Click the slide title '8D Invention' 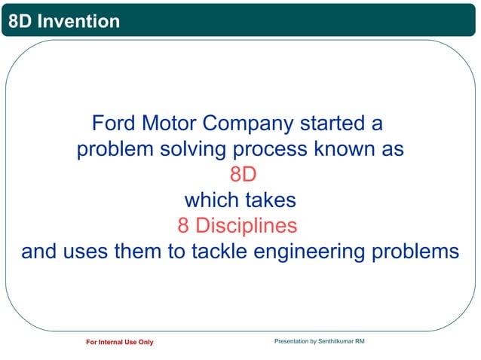pyautogui.click(x=63, y=21)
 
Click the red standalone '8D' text pyautogui.click(x=244, y=174)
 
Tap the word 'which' pyautogui.click(x=209, y=200)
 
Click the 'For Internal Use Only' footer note pyautogui.click(x=119, y=343)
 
